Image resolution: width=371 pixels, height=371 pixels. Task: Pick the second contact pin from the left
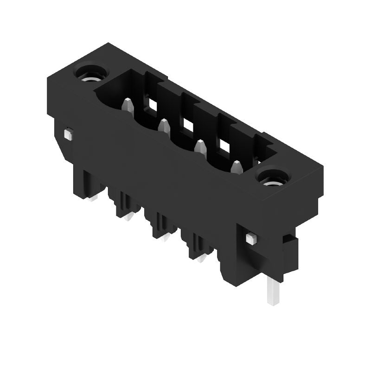tap(163, 125)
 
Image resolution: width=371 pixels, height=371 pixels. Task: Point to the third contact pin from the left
tap(200, 146)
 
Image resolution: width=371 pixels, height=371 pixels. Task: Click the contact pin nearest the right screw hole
tap(237, 166)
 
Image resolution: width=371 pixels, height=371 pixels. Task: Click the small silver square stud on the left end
tap(68, 134)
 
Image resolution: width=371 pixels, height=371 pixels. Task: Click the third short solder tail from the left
tap(165, 237)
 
